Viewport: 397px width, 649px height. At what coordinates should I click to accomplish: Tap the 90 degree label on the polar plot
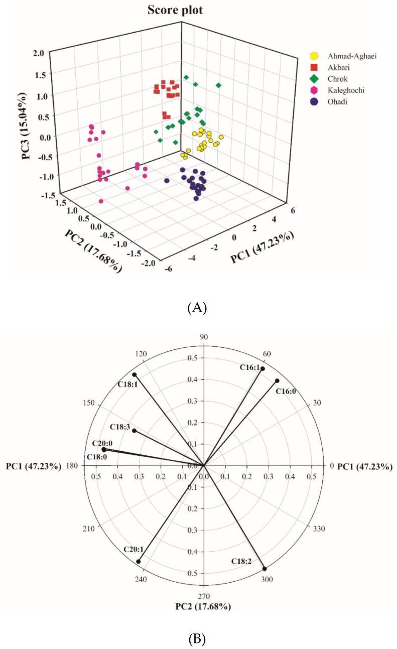coord(204,337)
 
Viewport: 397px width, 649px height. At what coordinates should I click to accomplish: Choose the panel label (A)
coord(196,308)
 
